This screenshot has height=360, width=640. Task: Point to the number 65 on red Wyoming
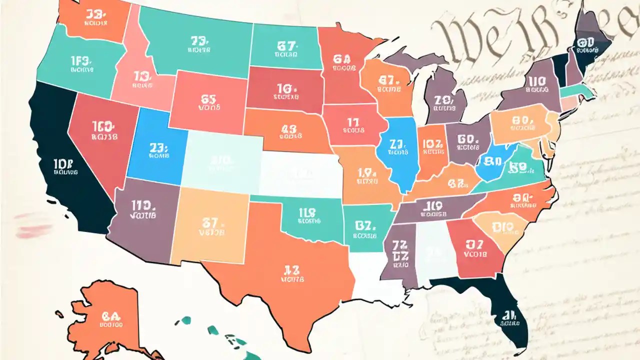click(208, 98)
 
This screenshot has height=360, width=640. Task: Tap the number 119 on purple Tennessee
click(431, 204)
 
